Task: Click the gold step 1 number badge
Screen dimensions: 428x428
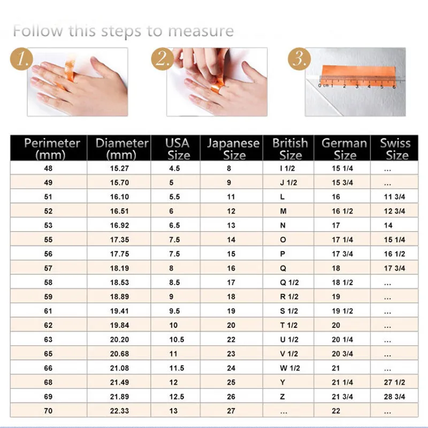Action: point(21,59)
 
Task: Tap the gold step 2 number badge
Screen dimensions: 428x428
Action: point(163,59)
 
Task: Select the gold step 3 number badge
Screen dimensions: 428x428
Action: point(300,59)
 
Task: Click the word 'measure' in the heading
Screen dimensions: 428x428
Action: point(201,31)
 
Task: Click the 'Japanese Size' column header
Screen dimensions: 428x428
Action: point(233,149)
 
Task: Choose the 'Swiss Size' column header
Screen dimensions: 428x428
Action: point(395,149)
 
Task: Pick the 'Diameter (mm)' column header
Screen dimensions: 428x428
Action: point(122,149)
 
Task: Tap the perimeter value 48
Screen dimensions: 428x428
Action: point(48,169)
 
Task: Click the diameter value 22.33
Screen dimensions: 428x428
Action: point(119,411)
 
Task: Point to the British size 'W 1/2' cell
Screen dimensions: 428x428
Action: point(290,368)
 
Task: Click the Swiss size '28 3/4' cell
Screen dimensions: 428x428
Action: point(394,396)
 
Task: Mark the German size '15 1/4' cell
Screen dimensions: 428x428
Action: point(342,169)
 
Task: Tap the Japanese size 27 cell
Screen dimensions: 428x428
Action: point(231,411)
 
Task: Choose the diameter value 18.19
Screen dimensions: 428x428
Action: point(119,268)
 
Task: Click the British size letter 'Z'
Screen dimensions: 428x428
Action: point(282,396)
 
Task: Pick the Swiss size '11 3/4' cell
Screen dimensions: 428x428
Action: point(394,197)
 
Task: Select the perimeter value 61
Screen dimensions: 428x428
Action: point(48,311)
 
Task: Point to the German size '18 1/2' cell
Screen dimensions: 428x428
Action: point(342,282)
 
